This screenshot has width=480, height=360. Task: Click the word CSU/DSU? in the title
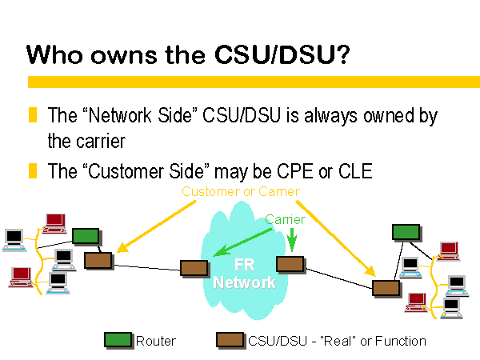tap(282, 54)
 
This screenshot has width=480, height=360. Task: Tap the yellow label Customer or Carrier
tap(241, 192)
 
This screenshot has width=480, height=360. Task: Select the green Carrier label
tap(286, 219)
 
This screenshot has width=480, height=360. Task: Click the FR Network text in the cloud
tap(244, 274)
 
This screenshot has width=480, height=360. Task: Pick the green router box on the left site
tap(86, 236)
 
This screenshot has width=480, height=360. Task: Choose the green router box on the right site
tap(406, 232)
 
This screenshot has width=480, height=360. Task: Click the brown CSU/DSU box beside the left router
tap(98, 261)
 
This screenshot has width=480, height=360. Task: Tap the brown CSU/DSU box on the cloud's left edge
tap(194, 268)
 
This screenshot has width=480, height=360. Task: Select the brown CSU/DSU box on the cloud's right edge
tap(290, 265)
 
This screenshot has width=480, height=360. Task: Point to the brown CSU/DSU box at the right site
tap(386, 288)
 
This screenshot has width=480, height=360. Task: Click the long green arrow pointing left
tap(242, 242)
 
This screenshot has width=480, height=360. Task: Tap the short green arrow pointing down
tap(292, 240)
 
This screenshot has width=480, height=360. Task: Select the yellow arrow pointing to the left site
tap(156, 226)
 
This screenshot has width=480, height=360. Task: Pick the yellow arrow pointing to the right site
tap(335, 238)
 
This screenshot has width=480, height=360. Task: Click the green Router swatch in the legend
tap(118, 340)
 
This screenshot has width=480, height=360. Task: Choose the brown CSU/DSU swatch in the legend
tap(230, 340)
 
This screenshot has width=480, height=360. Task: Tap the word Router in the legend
tap(156, 341)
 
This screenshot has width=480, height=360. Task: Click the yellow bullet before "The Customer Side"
tap(33, 171)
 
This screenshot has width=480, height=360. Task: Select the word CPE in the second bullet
tap(295, 171)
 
